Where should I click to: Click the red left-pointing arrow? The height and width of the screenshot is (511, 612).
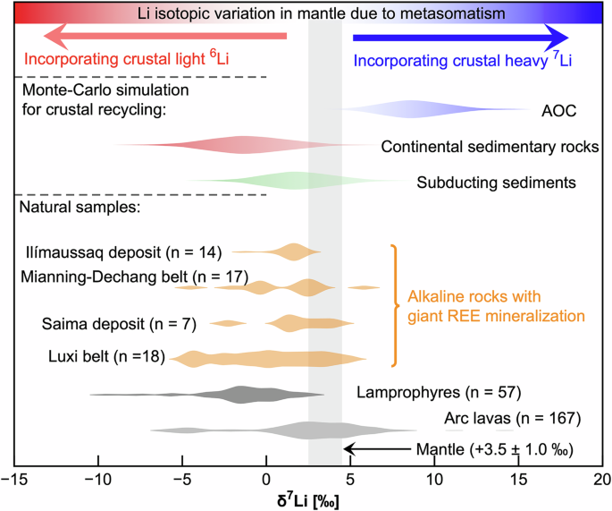point(165,37)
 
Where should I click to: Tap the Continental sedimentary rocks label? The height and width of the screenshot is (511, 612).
point(490,147)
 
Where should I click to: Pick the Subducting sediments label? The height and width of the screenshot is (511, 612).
point(495,183)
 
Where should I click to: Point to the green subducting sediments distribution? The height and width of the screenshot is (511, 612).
point(295,180)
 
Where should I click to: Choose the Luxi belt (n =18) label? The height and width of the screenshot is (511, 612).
point(106,357)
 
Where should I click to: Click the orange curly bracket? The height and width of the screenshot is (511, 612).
point(392,305)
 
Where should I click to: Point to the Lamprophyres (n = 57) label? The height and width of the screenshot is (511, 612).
point(439,391)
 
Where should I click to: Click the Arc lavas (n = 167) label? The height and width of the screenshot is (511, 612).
point(513,418)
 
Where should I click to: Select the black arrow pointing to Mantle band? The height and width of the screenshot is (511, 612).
point(376,449)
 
